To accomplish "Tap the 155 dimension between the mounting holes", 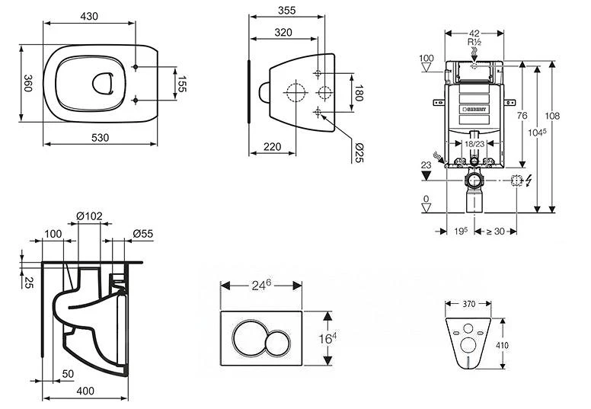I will pyautogui.click(x=182, y=84).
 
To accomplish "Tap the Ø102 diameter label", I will pyautogui.click(x=90, y=216).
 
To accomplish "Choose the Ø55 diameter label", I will pyautogui.click(x=142, y=233).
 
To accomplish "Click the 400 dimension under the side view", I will pyautogui.click(x=85, y=391).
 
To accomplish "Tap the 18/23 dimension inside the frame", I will pyautogui.click(x=474, y=143).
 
